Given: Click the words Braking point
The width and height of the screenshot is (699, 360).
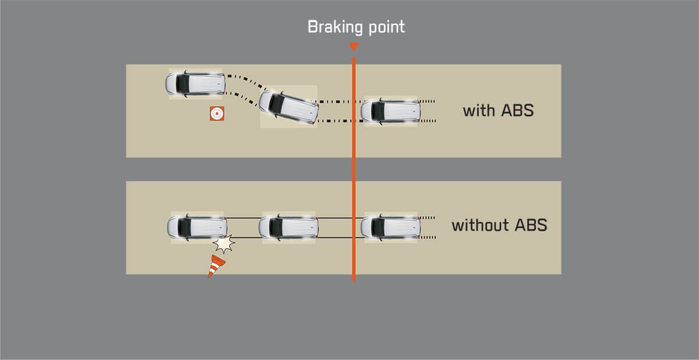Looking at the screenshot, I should tap(356, 27).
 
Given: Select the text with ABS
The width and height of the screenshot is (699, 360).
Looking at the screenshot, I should tap(498, 110).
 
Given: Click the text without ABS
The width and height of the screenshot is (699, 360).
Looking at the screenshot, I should tap(499, 225).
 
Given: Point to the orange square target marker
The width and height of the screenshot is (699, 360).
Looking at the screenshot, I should tap(217, 114).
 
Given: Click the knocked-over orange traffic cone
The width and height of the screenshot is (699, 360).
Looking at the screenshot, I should tap(216, 265).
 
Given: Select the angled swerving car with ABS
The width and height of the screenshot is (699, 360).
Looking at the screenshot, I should tap(288, 107).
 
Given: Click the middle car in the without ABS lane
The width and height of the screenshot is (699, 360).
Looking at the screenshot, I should tap(288, 227).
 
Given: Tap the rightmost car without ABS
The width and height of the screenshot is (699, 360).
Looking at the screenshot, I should tap(390, 227).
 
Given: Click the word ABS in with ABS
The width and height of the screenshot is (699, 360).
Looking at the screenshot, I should tap(517, 110).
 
